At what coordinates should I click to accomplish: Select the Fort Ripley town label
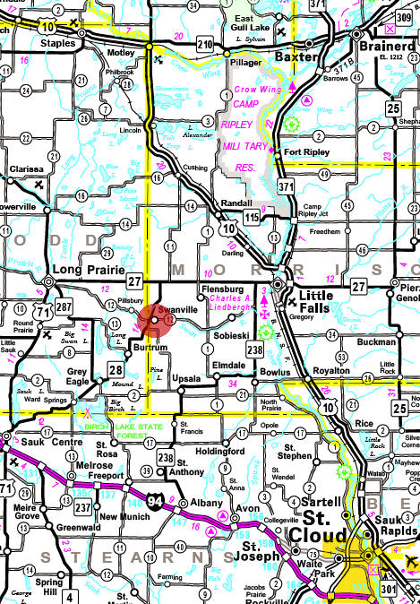click(304, 152)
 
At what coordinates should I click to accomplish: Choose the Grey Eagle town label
click(76, 375)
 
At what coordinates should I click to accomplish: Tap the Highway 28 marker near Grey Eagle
click(116, 368)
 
